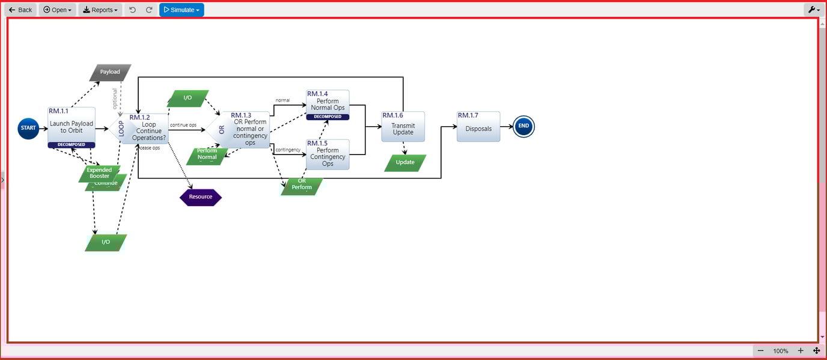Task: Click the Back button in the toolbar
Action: pyautogui.click(x=20, y=10)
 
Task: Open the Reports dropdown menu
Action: pyautogui.click(x=100, y=10)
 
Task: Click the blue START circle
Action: pyautogui.click(x=28, y=128)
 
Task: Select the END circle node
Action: pyautogui.click(x=523, y=126)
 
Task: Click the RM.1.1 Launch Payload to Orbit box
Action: pyautogui.click(x=72, y=127)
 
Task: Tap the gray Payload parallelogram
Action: pyautogui.click(x=110, y=72)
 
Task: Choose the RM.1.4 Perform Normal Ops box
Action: pyautogui.click(x=328, y=104)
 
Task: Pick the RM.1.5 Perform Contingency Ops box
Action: pyautogui.click(x=328, y=154)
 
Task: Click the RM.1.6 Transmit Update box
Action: pyautogui.click(x=403, y=127)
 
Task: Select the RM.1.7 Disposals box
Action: pyautogui.click(x=478, y=127)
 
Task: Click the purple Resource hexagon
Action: pyautogui.click(x=201, y=197)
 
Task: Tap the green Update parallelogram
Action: pyautogui.click(x=405, y=162)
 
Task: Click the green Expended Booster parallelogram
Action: pyautogui.click(x=99, y=172)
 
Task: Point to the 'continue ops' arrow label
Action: pyautogui.click(x=183, y=125)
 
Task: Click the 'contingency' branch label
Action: pyautogui.click(x=288, y=150)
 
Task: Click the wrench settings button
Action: pyautogui.click(x=814, y=10)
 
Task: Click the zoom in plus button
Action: pyautogui.click(x=800, y=351)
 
